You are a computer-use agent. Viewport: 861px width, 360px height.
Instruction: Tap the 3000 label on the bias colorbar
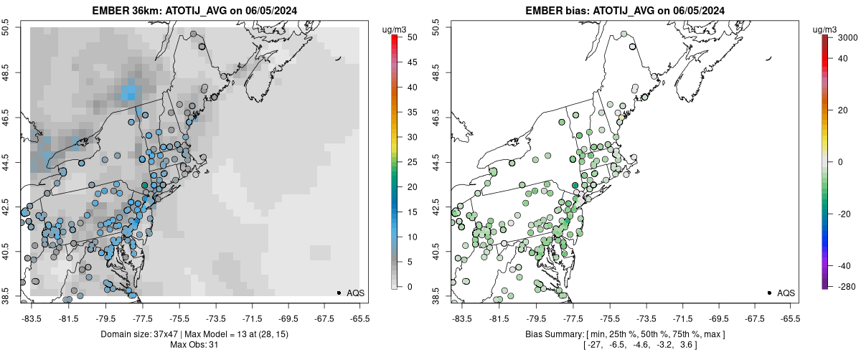click(847, 37)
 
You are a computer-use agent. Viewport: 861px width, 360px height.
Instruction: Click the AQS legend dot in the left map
click(339, 293)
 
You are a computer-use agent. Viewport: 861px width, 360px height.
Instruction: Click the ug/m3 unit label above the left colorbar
click(395, 29)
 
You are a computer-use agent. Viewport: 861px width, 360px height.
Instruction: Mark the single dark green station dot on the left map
click(145, 185)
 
